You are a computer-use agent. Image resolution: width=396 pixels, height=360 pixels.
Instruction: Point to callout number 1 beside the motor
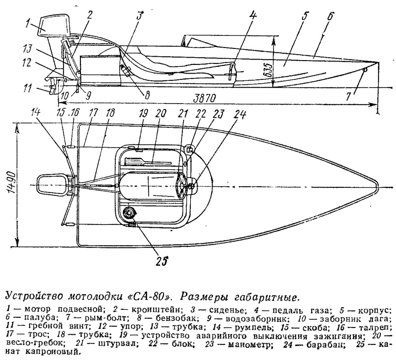(x=29, y=25)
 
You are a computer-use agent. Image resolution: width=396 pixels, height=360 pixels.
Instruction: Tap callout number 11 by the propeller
(x=27, y=89)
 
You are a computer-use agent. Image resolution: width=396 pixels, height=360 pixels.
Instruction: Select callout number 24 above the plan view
(x=240, y=115)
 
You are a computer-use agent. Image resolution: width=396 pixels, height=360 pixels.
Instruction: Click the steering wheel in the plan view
(x=182, y=186)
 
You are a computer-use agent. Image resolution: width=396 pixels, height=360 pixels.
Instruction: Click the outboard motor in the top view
(x=53, y=185)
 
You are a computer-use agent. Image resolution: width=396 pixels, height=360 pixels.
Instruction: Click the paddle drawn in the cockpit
(x=147, y=162)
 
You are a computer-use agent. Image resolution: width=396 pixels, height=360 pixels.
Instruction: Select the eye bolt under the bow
(x=365, y=70)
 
